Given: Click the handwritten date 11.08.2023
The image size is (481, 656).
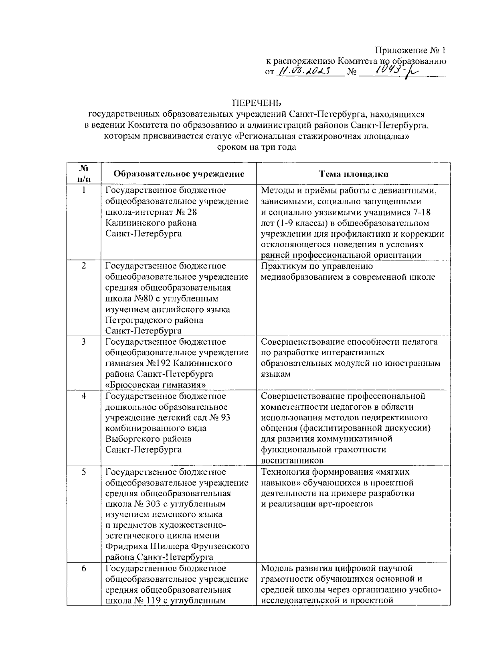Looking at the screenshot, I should point(304,71).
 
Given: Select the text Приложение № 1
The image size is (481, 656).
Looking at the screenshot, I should point(410,51).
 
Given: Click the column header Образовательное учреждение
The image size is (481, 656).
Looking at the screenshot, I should point(179,174).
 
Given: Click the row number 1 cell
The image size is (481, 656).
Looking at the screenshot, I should point(84,191).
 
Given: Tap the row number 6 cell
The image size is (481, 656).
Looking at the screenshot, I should point(84,569).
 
